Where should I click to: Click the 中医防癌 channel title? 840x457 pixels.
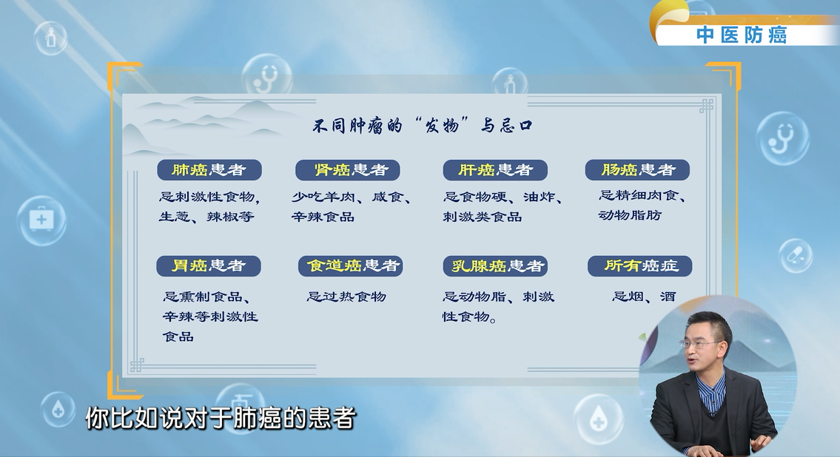pos(742,35)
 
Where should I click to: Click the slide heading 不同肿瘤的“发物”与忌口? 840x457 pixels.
pos(422,126)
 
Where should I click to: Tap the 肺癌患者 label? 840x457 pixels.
pos(209,170)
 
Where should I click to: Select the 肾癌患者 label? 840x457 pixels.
pos(348,170)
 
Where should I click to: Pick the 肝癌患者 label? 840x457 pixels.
pos(495,170)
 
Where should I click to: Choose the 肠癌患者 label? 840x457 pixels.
pos(637,170)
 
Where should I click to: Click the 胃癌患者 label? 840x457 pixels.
pos(209,266)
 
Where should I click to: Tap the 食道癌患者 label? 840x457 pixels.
pos(350,266)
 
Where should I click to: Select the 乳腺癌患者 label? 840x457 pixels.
pos(495,266)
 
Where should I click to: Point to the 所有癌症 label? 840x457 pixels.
pos(639,266)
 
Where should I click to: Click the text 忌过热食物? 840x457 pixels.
pos(346,297)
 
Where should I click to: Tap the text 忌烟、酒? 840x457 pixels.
pos(644,297)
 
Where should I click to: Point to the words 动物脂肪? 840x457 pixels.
pos(630,215)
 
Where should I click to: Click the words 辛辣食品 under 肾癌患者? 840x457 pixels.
pos(323,217)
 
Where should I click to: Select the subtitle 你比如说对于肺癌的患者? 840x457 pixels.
pos(221,419)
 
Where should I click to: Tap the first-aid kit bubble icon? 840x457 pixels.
pos(41,220)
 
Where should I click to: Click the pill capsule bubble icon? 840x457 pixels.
pos(795,255)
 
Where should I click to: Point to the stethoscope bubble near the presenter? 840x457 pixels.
pos(783,138)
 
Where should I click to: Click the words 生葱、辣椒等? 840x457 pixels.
pos(206,217)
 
